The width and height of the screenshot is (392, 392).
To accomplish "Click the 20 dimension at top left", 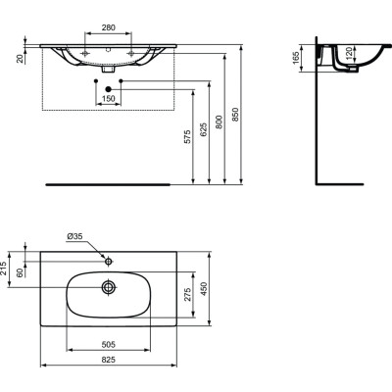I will pos(21,57).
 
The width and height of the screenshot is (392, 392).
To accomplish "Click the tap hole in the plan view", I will pos(107,262).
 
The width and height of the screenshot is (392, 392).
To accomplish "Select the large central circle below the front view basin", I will pos(107,89).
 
